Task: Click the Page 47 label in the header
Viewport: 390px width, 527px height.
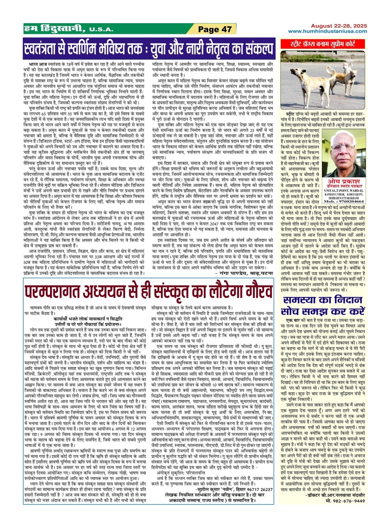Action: click(x=215, y=29)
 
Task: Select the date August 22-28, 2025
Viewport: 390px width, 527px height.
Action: click(x=339, y=26)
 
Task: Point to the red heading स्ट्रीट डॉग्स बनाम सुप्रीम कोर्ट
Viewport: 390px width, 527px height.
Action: click(x=322, y=44)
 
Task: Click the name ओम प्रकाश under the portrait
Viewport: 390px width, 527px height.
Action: click(x=344, y=181)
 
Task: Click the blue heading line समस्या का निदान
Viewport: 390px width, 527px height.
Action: click(x=323, y=300)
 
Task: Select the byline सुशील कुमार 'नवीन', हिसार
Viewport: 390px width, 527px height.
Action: click(x=234, y=489)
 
